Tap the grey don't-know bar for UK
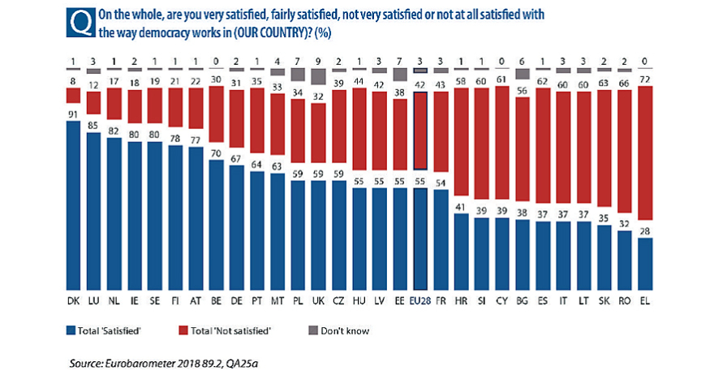318,76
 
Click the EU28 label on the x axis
419,302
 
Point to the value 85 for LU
95,125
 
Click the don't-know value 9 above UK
318,60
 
